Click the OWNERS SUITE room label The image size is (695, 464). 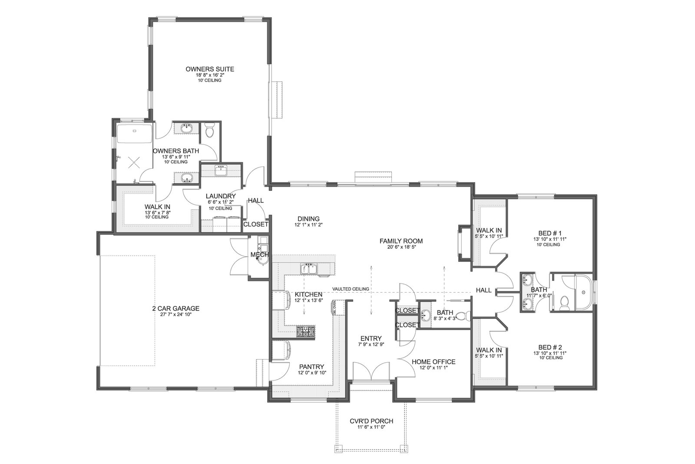[x=210, y=69]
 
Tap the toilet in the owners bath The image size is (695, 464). [x=210, y=130]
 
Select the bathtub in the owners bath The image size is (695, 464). [x=134, y=134]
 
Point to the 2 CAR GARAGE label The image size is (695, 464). [x=175, y=308]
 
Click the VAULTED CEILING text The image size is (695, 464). [x=351, y=289]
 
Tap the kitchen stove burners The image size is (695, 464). [x=306, y=331]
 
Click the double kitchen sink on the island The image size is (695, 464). [x=308, y=269]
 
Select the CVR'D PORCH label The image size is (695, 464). [x=371, y=421]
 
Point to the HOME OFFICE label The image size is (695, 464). [x=434, y=362]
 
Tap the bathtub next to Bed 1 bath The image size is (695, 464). [x=584, y=292]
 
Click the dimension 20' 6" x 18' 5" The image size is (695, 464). [x=401, y=247]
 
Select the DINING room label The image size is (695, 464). [x=308, y=219]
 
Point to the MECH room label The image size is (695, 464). [x=259, y=255]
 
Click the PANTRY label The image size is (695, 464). [x=311, y=367]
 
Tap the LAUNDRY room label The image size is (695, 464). [x=221, y=196]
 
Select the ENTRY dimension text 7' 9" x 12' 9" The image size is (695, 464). [x=371, y=344]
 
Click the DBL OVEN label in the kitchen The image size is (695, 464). [x=334, y=308]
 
